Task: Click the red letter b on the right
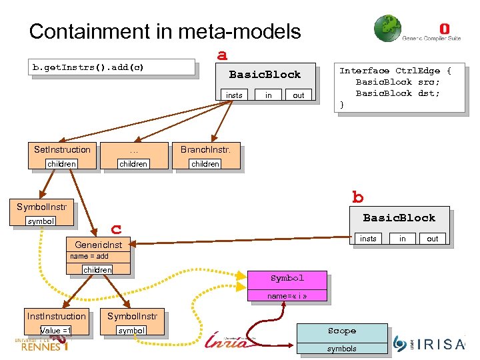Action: pos(358,197)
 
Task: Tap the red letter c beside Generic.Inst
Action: pos(116,229)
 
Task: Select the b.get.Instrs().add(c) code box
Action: pos(113,67)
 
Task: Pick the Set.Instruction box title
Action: pos(62,149)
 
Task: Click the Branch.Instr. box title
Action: pos(205,149)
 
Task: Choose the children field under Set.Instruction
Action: pos(62,164)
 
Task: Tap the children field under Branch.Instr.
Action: pos(205,164)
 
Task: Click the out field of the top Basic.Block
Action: pos(299,95)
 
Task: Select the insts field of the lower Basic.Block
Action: pos(368,239)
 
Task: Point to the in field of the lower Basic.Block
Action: pos(402,239)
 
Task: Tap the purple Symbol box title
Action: pos(287,278)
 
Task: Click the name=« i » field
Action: pos(287,295)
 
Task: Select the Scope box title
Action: pos(342,331)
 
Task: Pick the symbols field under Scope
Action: pos(342,348)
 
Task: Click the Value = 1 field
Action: pos(56,331)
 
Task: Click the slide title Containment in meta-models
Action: pos(165,31)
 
